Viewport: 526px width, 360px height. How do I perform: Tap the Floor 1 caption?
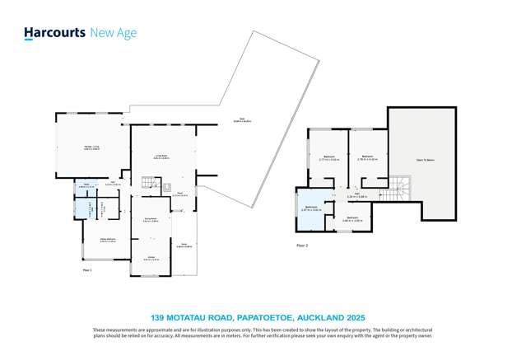click(x=87, y=269)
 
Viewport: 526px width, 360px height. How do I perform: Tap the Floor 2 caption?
click(x=302, y=245)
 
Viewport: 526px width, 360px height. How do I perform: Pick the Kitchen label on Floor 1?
click(x=151, y=257)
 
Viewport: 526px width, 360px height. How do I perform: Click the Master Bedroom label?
click(x=107, y=239)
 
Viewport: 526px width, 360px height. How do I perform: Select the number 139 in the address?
click(x=159, y=317)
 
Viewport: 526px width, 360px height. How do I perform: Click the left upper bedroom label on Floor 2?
click(x=329, y=158)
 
